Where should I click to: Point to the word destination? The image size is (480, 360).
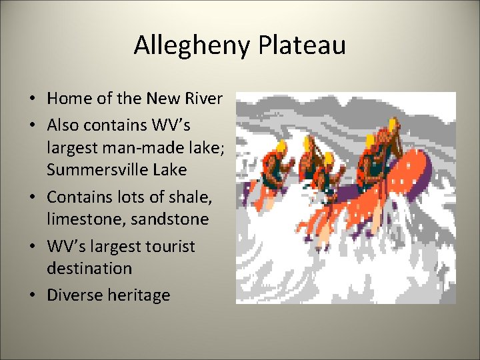89,269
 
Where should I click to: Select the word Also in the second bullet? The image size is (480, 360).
63,125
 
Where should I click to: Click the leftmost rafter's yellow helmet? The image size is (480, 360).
281,146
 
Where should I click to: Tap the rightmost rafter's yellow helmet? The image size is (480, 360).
393,125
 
